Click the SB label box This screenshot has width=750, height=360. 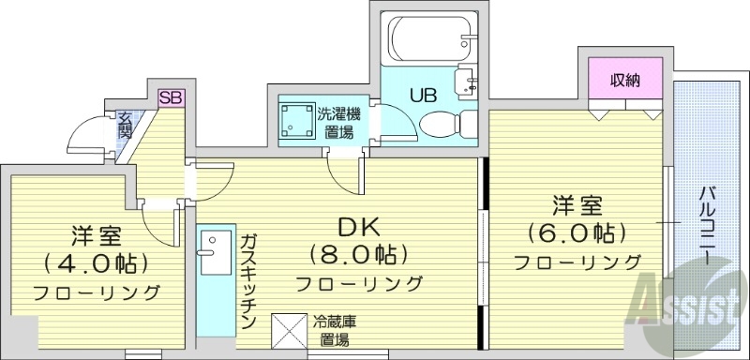[x=172, y=96]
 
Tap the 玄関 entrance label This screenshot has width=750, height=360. [x=125, y=126]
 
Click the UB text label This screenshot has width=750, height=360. [x=420, y=94]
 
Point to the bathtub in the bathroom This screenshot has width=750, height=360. [x=424, y=38]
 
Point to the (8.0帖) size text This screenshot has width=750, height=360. [x=357, y=254]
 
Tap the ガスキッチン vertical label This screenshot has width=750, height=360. [x=247, y=280]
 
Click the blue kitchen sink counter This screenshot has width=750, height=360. [x=209, y=273]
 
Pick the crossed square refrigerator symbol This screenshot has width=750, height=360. [x=284, y=329]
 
